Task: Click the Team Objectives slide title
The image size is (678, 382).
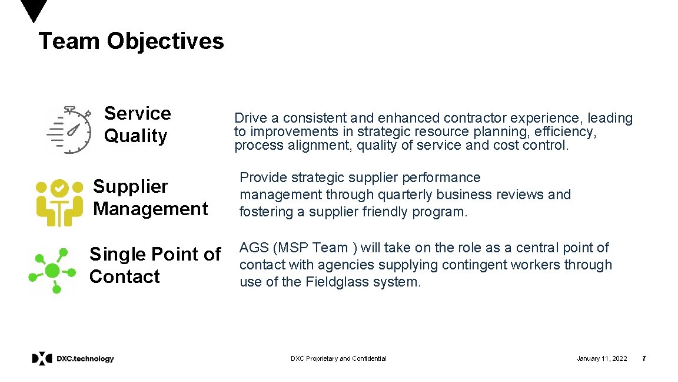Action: pos(131,42)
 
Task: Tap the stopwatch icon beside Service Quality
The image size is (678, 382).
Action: pos(69,129)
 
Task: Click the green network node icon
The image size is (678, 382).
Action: pos(52,271)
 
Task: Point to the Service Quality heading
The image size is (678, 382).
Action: pos(137,124)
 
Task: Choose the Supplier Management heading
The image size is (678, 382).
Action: pos(150,197)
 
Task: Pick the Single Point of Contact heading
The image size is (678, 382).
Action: pos(154,265)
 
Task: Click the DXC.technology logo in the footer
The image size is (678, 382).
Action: pos(73,358)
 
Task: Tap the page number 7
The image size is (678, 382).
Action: pos(644,358)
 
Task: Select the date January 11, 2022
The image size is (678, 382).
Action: pos(601,358)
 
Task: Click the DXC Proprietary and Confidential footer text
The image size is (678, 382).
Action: pos(338,358)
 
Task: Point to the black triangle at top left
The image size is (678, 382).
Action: pos(34,11)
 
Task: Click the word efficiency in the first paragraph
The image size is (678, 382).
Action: pos(565,132)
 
